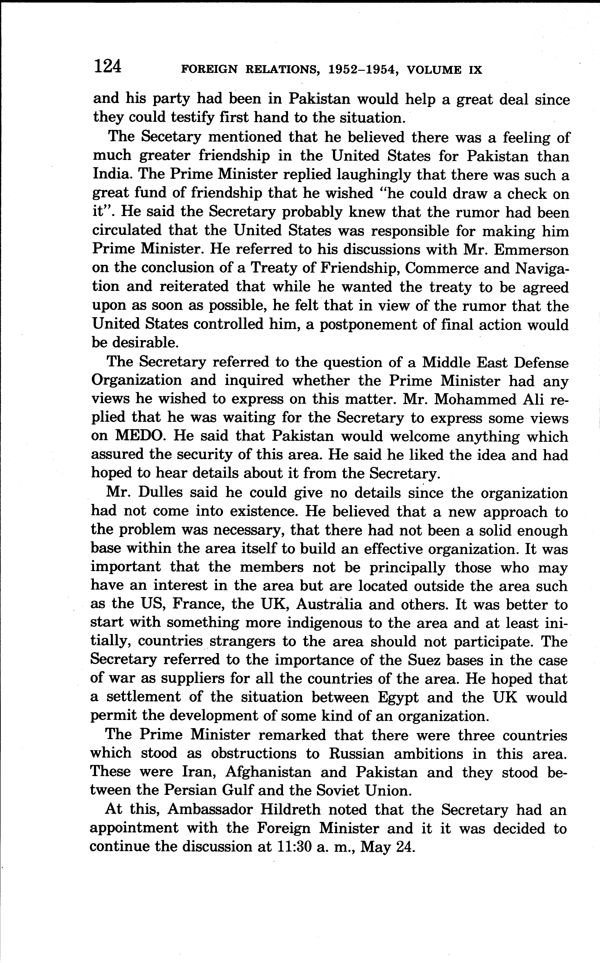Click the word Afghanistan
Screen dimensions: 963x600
[268, 772]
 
